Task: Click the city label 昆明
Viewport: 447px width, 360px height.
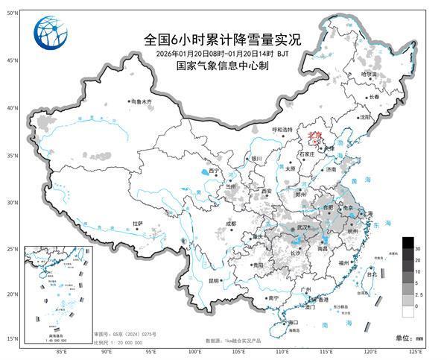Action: click(214, 281)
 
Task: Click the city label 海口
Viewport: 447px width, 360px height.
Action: click(293, 323)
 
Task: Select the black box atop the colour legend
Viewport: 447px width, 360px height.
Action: click(408, 242)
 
